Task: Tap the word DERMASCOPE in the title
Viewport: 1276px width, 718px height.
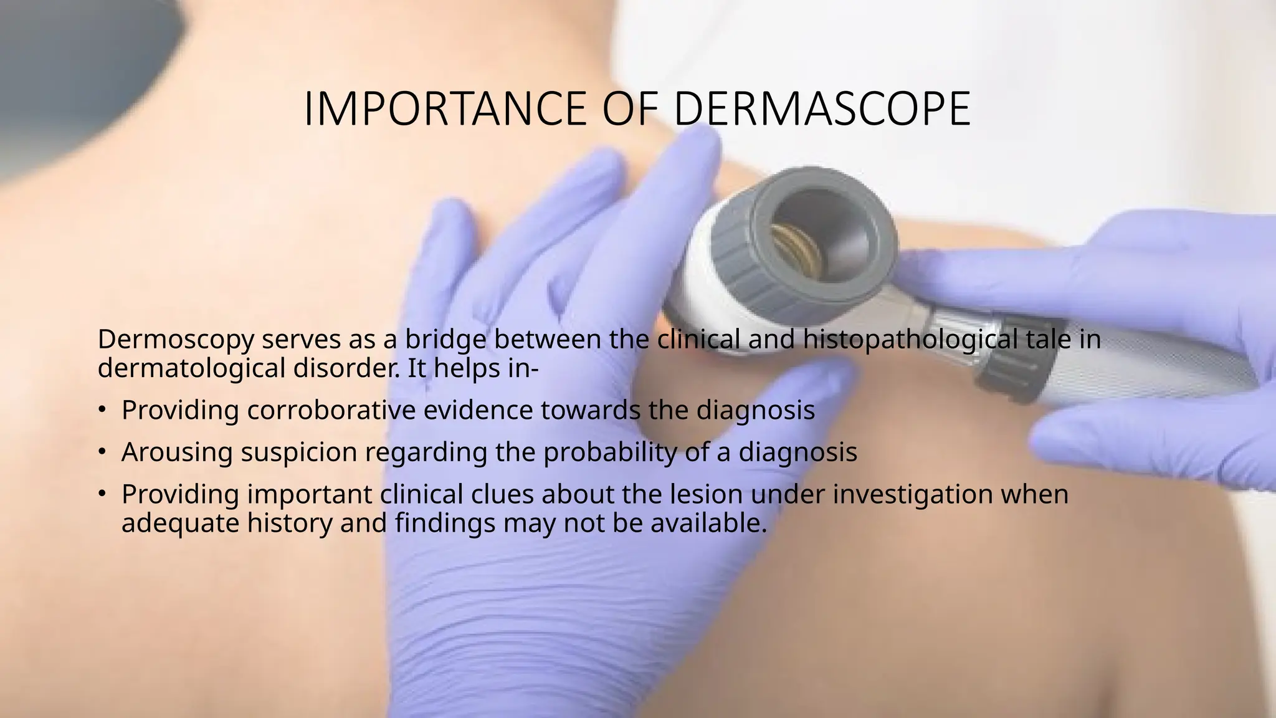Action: tap(822, 108)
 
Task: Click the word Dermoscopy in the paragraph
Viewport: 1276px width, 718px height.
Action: tap(176, 340)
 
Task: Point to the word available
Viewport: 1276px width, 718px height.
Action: tap(708, 523)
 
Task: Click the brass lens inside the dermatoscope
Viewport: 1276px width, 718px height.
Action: tap(794, 249)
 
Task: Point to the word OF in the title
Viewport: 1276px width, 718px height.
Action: tap(631, 108)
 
